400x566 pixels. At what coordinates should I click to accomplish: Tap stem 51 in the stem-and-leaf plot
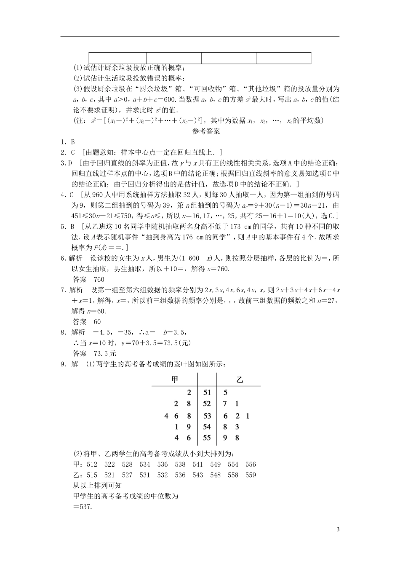click(x=207, y=392)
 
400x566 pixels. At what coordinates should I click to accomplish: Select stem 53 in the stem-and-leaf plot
click(x=207, y=416)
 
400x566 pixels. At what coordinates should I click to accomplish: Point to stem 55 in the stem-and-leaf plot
click(x=207, y=438)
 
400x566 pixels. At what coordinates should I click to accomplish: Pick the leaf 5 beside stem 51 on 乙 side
click(x=226, y=392)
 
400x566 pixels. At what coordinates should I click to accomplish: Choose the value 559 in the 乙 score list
click(x=251, y=475)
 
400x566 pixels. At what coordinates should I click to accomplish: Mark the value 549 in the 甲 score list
click(x=215, y=465)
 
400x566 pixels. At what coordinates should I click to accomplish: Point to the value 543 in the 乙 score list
click(x=197, y=475)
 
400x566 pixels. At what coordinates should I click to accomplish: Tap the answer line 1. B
click(x=67, y=142)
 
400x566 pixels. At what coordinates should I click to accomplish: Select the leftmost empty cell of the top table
click(x=117, y=58)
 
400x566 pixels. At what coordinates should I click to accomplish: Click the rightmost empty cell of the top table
click(x=283, y=58)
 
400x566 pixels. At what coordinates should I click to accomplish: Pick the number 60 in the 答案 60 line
click(x=97, y=322)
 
